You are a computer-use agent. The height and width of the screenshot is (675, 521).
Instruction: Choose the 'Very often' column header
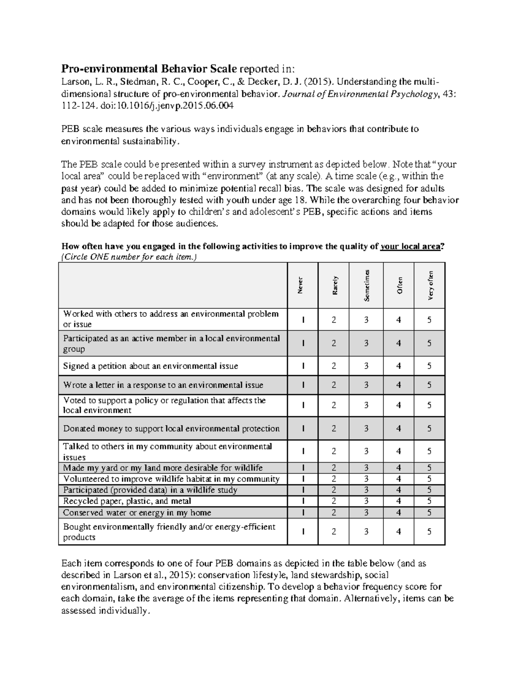pos(430,285)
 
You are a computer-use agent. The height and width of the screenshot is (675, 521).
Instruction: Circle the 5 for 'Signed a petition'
pos(429,366)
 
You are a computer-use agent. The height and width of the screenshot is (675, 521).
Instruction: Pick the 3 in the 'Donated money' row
pos(366,429)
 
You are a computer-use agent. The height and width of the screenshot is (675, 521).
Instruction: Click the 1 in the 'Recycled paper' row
pos(303,501)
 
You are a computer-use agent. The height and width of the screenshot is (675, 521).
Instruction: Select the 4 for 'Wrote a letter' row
pos(399,385)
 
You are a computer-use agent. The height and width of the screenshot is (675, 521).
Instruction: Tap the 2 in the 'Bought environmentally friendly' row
pos(333,532)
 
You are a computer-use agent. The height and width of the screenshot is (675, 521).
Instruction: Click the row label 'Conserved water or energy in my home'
pos(137,513)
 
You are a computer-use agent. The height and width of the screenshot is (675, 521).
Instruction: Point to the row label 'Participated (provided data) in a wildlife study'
pos(150,490)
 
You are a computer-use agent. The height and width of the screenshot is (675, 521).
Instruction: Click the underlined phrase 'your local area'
pos(410,246)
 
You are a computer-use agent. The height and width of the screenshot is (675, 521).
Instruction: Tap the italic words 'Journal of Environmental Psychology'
pos(358,93)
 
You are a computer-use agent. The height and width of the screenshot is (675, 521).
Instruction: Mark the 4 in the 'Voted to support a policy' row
pos(399,405)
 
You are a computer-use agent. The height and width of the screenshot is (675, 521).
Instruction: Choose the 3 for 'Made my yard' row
pos(366,468)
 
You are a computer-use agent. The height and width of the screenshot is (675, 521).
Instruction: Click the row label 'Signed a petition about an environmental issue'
pos(151,366)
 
